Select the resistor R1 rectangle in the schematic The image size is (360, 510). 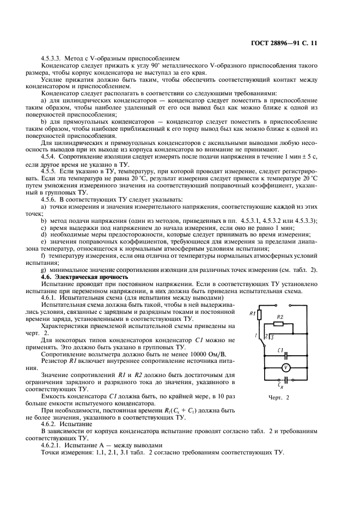coord(261,315)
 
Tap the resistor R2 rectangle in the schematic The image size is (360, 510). coord(279,324)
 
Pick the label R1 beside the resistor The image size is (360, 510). coord(252,314)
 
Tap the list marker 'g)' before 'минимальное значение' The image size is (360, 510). coord(44,270)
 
